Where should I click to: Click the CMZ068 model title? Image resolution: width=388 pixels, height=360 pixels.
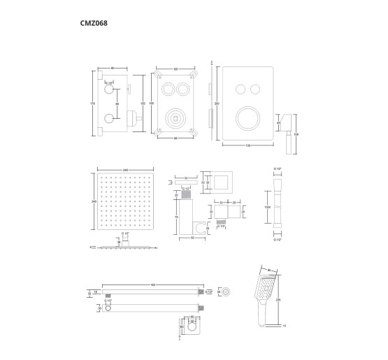coord(94,22)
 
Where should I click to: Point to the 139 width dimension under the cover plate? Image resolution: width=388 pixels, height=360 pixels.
coord(247,145)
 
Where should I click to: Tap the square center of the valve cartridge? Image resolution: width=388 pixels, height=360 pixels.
coord(173,120)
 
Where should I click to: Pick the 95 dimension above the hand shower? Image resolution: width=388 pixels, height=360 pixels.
coord(268,269)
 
